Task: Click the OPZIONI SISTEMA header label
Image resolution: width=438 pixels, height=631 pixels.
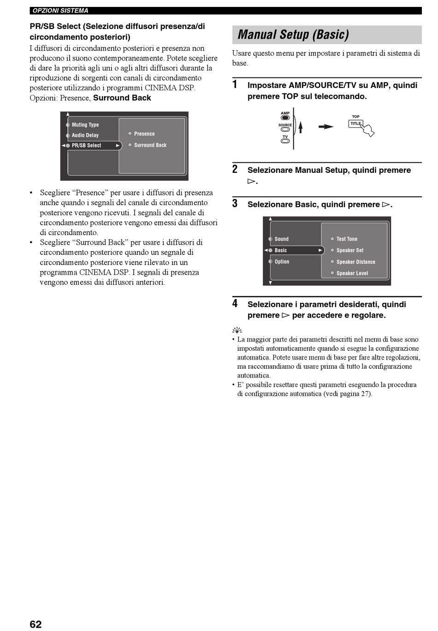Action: pos(60,11)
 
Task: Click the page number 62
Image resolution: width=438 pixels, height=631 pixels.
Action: pos(36,624)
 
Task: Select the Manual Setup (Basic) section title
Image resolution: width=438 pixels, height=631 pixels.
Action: pos(293,35)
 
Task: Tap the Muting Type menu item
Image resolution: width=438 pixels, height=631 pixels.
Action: pos(85,124)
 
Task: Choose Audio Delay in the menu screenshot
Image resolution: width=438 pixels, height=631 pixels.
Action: pos(85,135)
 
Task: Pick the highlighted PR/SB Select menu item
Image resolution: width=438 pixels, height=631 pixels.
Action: pos(87,145)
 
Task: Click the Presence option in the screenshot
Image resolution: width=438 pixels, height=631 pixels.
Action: pos(144,134)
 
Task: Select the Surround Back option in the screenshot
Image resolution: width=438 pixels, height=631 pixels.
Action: pos(150,145)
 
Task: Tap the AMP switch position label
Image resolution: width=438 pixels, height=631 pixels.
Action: pos(285,113)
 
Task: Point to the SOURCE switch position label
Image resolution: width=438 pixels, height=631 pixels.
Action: pos(285,125)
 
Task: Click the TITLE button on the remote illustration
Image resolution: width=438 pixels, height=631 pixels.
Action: pos(355,124)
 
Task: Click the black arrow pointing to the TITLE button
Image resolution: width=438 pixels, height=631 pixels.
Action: pos(326,127)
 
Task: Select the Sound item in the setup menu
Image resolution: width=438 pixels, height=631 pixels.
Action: pos(281,239)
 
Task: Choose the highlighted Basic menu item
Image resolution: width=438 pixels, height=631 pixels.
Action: pos(281,250)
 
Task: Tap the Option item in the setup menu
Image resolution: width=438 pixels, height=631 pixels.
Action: pos(282,261)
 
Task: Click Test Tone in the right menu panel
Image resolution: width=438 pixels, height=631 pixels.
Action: pos(347,239)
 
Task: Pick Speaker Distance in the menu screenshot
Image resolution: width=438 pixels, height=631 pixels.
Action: pos(355,262)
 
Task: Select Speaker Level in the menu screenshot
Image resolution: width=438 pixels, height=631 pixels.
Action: pos(352,273)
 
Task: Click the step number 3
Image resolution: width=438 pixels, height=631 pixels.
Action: pos(235,204)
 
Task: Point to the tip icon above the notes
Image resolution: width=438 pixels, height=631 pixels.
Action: pos(237,330)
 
